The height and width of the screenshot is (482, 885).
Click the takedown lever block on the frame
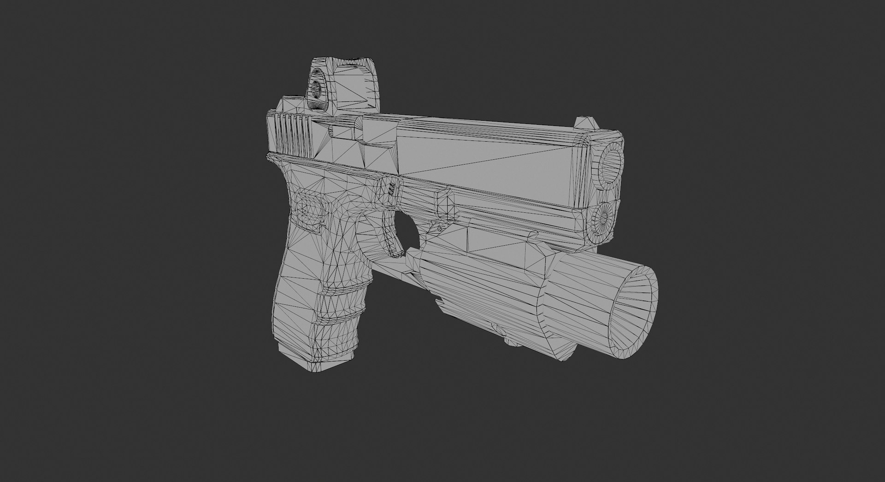click(x=445, y=203)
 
